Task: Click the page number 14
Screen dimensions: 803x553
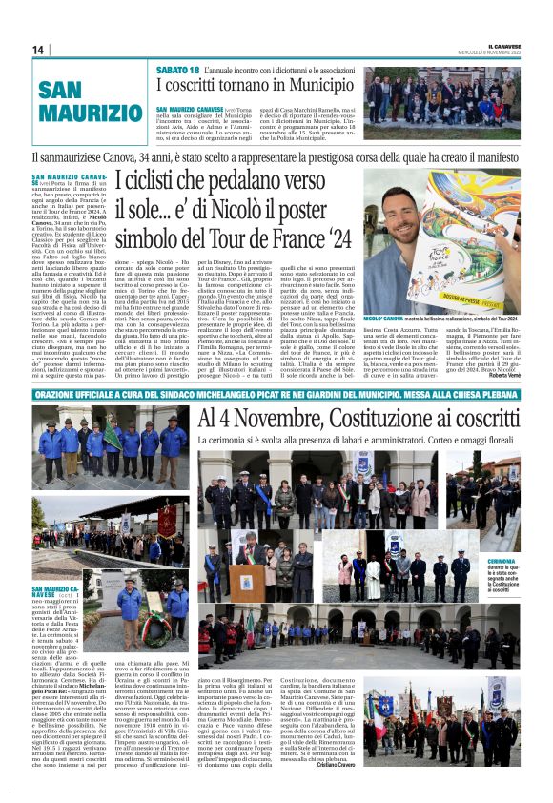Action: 38,50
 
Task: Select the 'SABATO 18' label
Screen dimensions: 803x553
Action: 178,71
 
